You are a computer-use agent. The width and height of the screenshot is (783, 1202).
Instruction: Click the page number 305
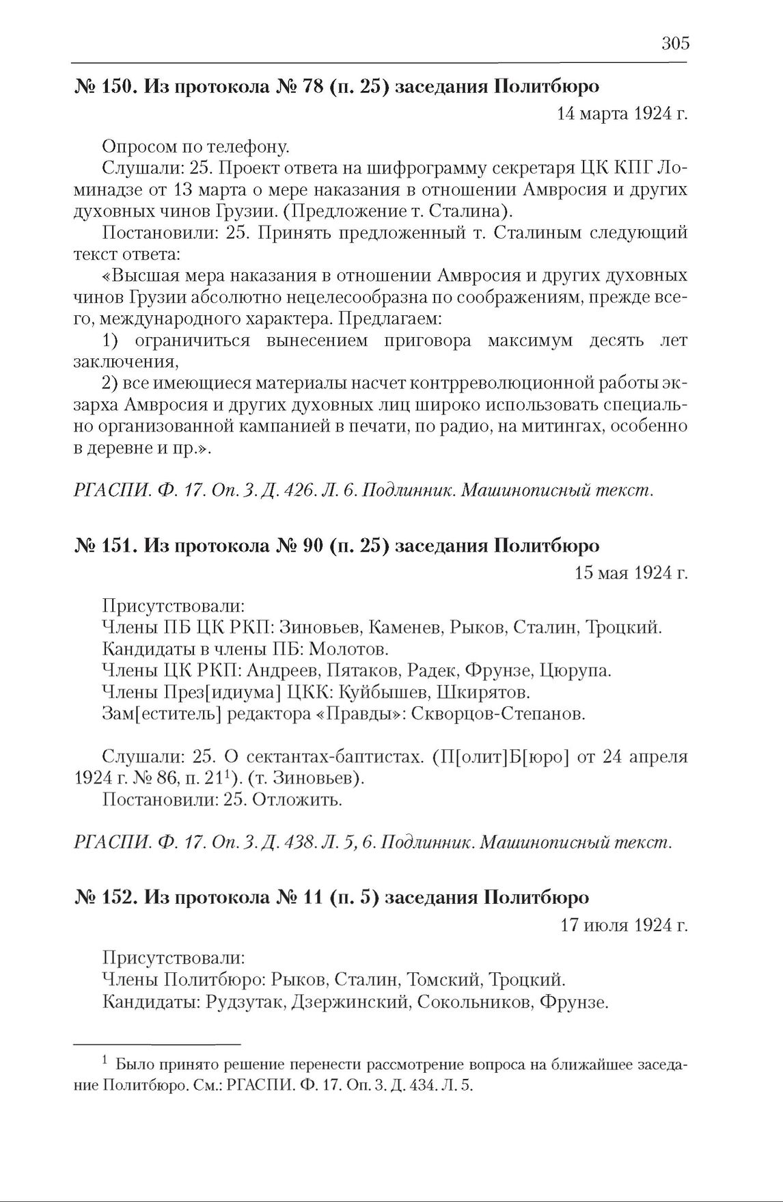point(675,44)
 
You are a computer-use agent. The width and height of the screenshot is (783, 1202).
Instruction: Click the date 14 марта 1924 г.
point(622,113)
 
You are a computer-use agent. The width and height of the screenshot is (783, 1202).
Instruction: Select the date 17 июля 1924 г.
point(624,925)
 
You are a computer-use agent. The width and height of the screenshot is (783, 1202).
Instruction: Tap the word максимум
point(530,340)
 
